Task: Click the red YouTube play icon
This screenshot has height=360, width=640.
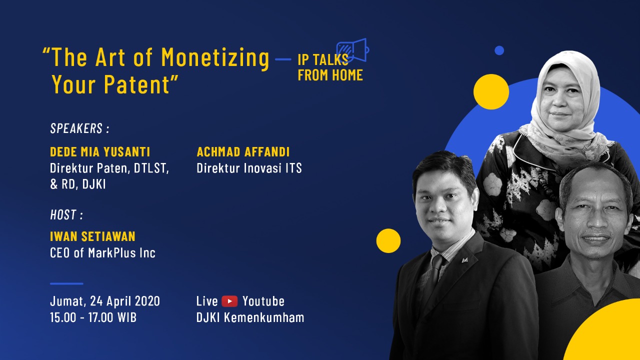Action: tap(229, 301)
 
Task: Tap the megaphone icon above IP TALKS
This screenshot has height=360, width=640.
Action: tap(353, 50)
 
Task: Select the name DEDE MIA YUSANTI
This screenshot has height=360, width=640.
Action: tap(100, 151)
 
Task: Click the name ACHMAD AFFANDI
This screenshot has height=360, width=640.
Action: tap(243, 151)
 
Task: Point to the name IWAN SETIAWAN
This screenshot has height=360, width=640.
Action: tap(92, 236)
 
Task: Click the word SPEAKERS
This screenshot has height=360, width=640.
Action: tap(76, 128)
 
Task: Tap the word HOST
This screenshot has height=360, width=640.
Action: tap(63, 214)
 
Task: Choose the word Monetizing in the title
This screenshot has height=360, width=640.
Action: tap(215, 58)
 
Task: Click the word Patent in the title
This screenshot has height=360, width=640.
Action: tap(137, 84)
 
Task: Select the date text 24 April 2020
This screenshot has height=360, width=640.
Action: tap(125, 301)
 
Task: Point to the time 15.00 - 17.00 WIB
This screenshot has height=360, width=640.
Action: tap(93, 317)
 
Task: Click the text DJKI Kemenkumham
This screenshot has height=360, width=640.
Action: tap(250, 317)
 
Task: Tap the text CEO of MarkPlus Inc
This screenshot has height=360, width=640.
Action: tap(102, 253)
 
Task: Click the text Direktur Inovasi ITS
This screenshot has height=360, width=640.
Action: tap(249, 168)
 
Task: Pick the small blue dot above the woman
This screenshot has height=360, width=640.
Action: tap(499, 50)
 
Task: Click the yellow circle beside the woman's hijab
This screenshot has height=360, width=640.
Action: tap(491, 91)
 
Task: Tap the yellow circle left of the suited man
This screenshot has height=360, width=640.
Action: tap(388, 240)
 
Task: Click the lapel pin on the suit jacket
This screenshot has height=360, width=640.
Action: tap(464, 260)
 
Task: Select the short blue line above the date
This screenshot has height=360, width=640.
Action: tap(66, 283)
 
